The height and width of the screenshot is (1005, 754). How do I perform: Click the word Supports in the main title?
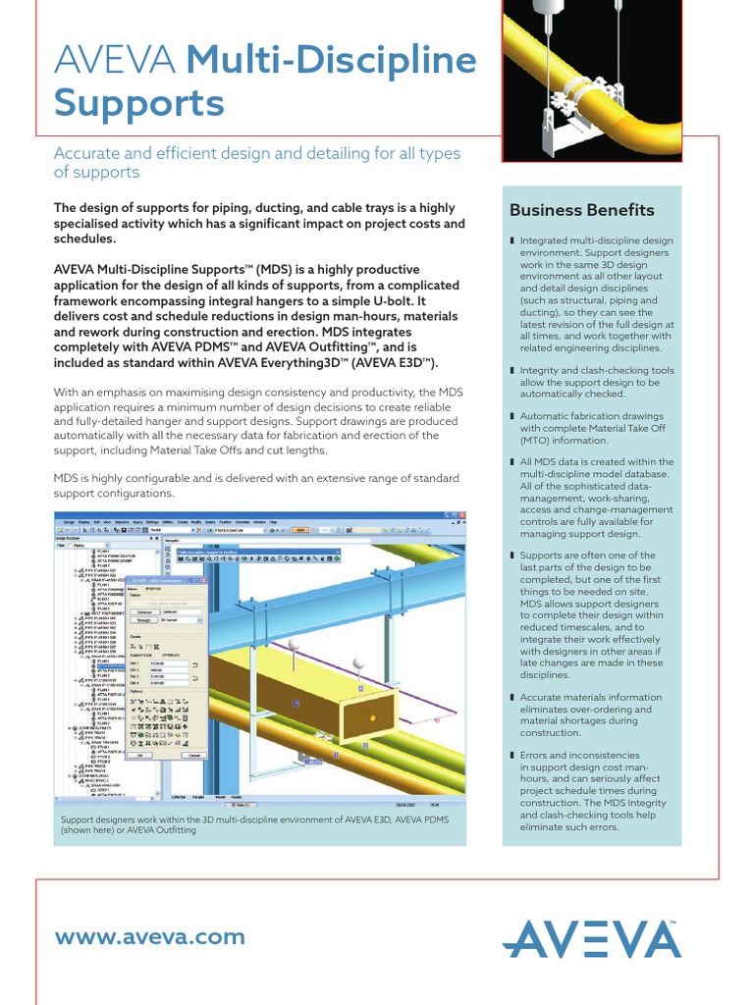click(139, 103)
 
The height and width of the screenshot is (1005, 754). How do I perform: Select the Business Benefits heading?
click(581, 210)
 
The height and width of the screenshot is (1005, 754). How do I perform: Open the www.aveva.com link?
click(149, 936)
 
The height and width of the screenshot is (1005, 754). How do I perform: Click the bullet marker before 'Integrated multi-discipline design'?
click(512, 240)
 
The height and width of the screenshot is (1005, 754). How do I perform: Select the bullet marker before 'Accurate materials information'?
click(512, 697)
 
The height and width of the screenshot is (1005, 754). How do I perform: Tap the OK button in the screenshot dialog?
click(140, 755)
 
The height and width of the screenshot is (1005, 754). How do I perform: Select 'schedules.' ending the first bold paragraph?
click(84, 238)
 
